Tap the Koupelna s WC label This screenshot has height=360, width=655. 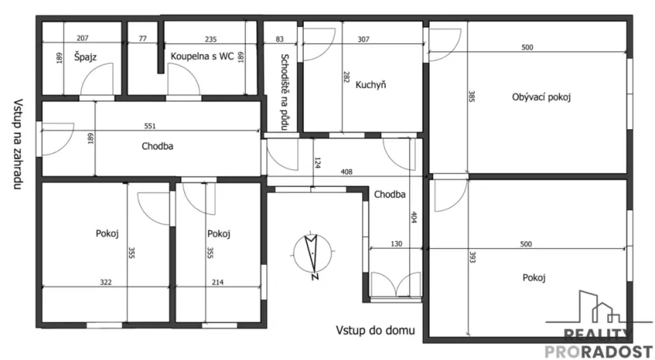[203, 56]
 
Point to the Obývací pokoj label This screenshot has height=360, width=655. [541, 98]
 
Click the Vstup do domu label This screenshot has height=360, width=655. [376, 330]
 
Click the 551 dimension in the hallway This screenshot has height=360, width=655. [150, 125]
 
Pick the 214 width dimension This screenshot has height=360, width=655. [216, 282]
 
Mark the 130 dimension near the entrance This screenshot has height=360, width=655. [396, 244]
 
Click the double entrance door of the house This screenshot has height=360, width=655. [395, 285]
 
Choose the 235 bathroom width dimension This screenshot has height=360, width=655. [210, 38]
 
